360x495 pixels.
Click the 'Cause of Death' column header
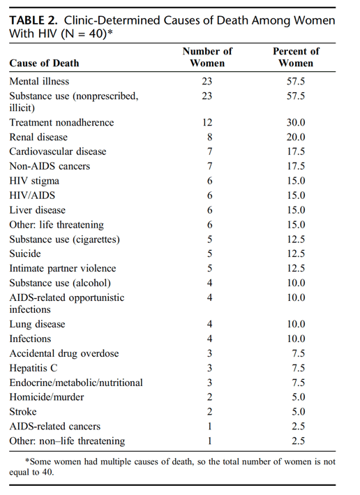pos(44,63)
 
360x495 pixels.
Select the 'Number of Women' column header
pos(207,57)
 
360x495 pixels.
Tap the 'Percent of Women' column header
pos(296,57)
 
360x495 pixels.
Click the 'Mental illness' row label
pos(39,82)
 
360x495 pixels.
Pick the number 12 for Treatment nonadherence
pos(207,122)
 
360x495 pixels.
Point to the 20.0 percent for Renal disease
pos(296,137)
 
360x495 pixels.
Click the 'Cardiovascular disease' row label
pos(58,152)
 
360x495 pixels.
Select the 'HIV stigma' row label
pos(34,181)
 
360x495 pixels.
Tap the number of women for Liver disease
pos(209,210)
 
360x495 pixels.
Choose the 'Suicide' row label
pos(25,254)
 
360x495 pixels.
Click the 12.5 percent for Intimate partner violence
pos(296,268)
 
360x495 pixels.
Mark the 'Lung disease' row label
pos(37,324)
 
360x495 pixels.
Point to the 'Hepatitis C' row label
pos(33,368)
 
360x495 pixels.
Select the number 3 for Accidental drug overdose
pos(209,353)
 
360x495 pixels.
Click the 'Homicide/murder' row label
pos(47,397)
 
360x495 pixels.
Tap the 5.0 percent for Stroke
pos(299,412)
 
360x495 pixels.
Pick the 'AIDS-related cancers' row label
pos(55,426)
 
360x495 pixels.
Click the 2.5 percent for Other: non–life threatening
pos(299,441)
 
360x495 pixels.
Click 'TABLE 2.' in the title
pos(33,20)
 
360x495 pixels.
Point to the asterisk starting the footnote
pos(27,461)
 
